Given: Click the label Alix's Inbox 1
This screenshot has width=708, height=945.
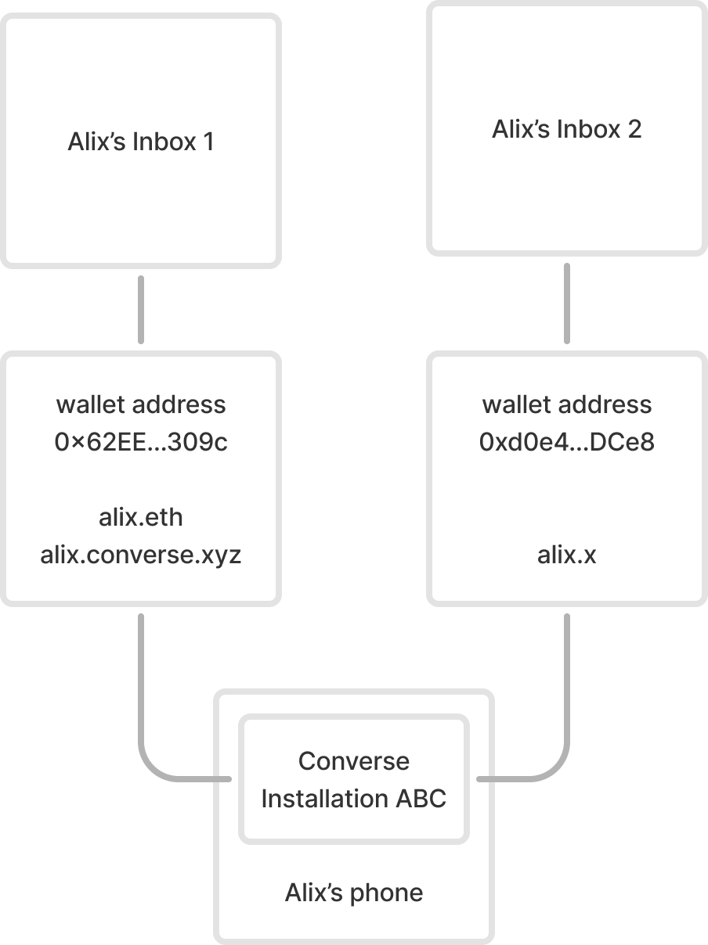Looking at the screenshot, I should click(141, 142).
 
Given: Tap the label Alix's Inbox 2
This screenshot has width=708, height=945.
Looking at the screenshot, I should click(566, 129).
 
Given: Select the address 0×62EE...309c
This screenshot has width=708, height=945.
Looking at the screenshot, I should click(141, 443).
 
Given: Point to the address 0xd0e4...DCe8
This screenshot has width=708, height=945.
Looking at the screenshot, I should click(566, 443).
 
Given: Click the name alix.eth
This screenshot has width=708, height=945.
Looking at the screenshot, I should click(141, 517).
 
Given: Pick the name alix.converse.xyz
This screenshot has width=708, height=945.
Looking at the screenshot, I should click(141, 555).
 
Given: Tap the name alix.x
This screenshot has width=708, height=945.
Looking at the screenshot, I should click(566, 555).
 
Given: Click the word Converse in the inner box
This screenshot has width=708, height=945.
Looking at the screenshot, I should click(354, 761).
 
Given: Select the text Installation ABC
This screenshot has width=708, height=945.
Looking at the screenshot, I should click(354, 799).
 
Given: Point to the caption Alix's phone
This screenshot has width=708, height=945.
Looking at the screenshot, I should click(354, 893).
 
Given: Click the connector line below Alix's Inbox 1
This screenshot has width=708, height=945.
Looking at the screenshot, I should click(141, 309).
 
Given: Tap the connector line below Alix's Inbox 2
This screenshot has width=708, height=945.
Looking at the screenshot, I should click(566, 304).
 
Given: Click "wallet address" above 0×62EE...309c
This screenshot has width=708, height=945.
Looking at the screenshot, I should click(141, 404).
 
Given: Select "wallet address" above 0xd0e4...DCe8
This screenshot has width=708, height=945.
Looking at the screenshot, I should click(566, 404).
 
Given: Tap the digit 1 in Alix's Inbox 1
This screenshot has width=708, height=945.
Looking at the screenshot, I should click(207, 142).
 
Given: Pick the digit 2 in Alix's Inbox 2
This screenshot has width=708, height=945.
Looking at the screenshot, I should click(634, 129).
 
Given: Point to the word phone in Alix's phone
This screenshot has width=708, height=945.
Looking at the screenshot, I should click(388, 893).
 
